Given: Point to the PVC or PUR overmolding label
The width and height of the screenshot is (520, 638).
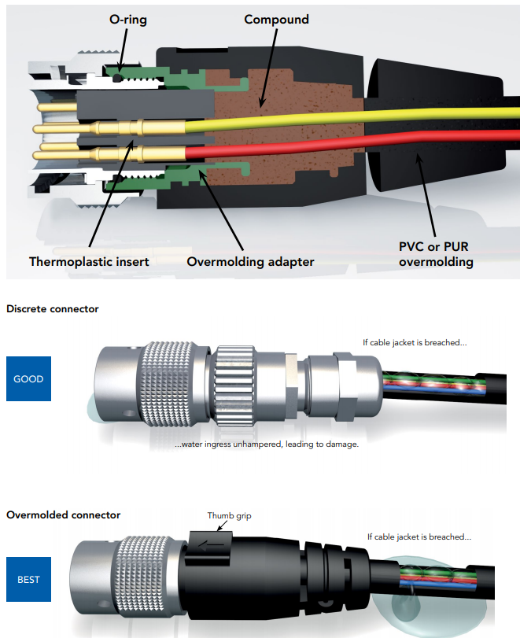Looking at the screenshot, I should tap(436, 253).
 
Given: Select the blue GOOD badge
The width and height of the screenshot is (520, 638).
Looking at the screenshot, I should tap(28, 379).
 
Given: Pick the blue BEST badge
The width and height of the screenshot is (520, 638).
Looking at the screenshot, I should tap(28, 581).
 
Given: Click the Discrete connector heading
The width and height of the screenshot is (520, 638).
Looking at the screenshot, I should tap(53, 309).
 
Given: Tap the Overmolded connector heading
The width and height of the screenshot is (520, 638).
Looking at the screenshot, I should tap(64, 515).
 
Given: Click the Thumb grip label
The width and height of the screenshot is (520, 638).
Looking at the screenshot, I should tap(230, 516).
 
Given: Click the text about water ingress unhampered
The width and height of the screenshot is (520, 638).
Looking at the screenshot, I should tap(267, 444).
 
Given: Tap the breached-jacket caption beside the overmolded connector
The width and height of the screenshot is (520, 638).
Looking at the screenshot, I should tap(419, 537).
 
